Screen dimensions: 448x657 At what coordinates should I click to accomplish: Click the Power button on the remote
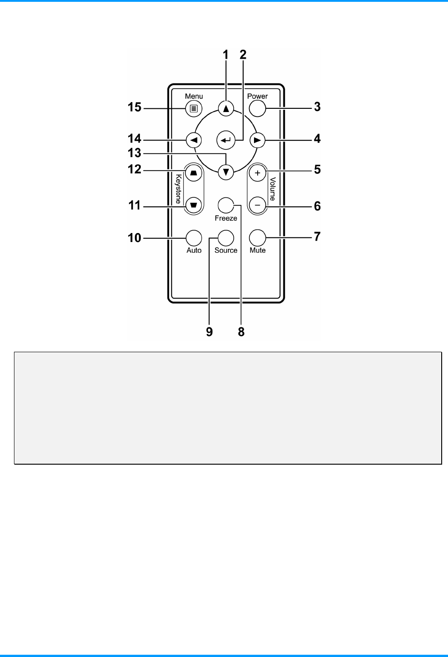click(257, 108)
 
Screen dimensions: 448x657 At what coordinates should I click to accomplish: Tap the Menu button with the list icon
click(194, 108)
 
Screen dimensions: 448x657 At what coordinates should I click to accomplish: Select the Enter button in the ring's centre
click(226, 140)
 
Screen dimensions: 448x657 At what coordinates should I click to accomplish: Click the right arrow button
click(257, 140)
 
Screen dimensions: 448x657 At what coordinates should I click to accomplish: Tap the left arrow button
click(194, 140)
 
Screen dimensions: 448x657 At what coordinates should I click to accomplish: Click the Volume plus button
click(257, 174)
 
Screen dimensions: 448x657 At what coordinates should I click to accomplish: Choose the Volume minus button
click(257, 205)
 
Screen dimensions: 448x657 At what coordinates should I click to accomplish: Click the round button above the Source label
click(226, 238)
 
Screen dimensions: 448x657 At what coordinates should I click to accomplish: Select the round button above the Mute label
click(257, 238)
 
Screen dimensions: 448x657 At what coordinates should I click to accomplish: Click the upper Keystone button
click(194, 174)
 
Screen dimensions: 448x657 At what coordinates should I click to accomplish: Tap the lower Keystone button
click(194, 205)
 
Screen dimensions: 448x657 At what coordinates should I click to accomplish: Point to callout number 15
click(134, 108)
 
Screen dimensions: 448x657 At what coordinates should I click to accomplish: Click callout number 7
click(317, 237)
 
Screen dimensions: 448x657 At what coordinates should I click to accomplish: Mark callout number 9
click(209, 332)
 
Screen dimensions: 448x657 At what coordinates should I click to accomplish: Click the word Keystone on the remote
click(179, 189)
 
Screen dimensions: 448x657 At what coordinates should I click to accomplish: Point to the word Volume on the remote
click(272, 189)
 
